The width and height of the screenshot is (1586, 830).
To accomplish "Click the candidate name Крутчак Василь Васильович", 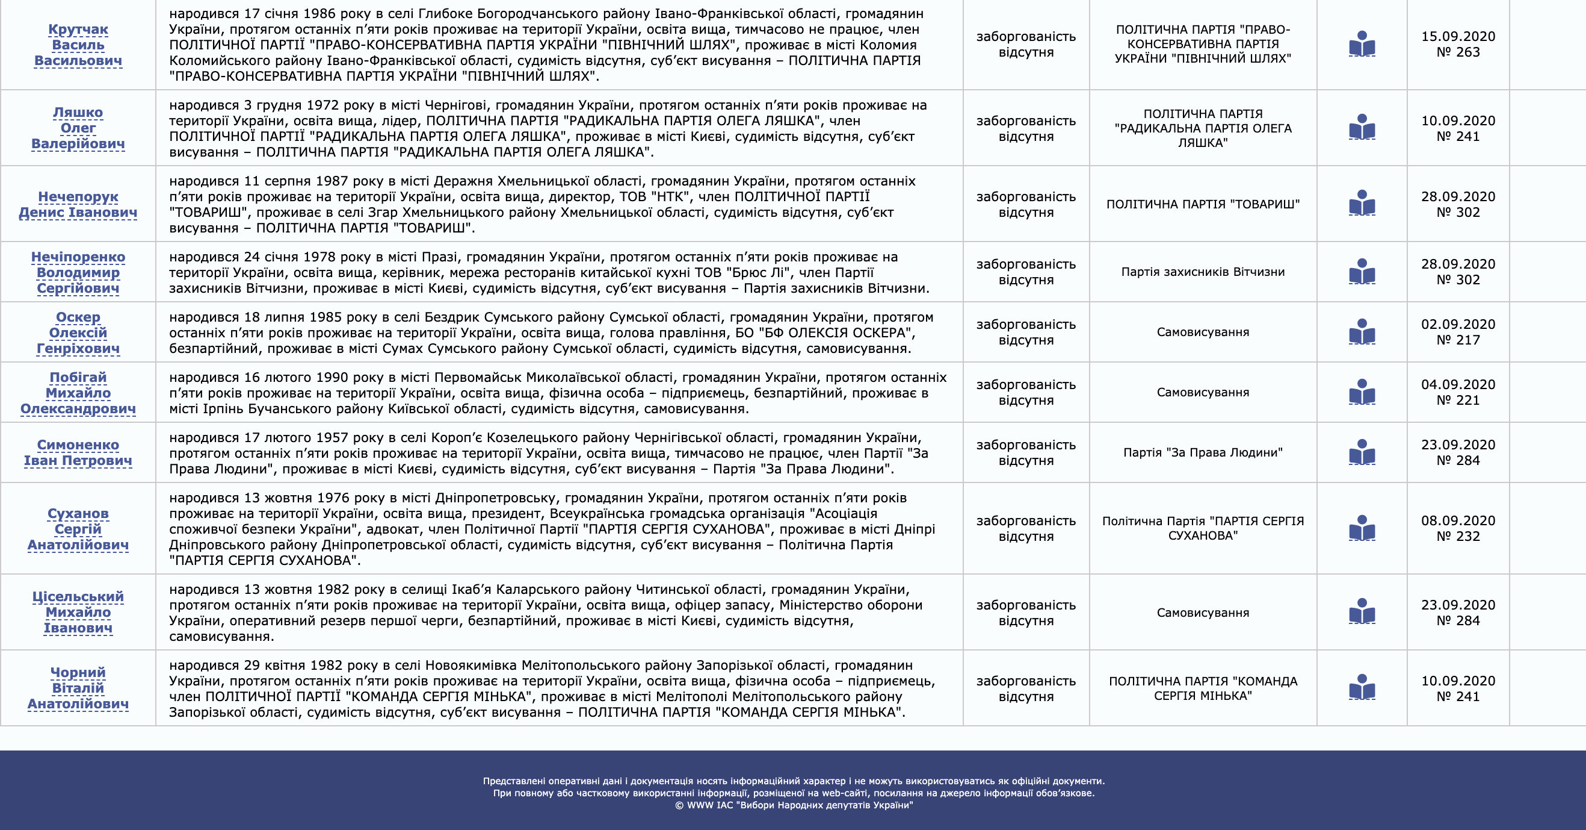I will coord(78,45).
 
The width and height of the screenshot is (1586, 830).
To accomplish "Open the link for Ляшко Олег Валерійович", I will coord(78,128).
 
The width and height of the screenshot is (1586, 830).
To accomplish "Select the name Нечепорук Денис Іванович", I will coord(78,205).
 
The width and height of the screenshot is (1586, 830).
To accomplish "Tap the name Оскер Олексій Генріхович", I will coord(78,332).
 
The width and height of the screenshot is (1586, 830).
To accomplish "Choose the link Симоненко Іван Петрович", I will coord(78,453).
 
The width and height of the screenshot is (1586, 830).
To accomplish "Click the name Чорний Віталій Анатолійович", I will coord(78,688).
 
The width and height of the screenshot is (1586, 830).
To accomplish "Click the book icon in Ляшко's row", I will coord(1362,128).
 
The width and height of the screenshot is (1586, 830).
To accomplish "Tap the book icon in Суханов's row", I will coord(1362,529).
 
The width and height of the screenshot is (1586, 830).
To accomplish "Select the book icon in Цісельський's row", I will coord(1362,612).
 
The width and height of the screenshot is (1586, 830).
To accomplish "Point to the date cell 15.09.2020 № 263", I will coord(1458,45).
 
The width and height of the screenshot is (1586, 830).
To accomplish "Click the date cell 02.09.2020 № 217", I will coord(1458,332).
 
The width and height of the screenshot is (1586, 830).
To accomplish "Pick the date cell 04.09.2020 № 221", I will coord(1458,393).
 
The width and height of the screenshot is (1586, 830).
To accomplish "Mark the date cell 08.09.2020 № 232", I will coord(1458,529).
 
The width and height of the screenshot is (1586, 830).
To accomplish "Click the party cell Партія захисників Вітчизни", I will coord(1202,272).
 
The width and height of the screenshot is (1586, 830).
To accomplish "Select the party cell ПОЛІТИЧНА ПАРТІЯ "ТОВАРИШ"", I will coord(1202,204).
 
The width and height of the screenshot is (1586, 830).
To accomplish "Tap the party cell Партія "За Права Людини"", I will coord(1202,452).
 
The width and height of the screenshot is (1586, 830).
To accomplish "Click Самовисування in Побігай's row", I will coord(1202,393).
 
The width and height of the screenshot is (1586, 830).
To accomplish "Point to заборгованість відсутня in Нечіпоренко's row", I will coord(1026,272).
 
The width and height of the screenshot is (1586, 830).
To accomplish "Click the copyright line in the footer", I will coord(794,805).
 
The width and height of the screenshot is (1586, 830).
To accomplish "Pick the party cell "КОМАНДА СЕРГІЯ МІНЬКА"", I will coord(1202,688).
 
